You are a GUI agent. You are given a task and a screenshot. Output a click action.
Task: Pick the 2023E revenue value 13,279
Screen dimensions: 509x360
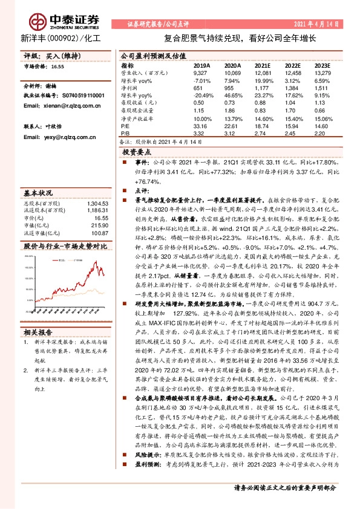coord(322,73)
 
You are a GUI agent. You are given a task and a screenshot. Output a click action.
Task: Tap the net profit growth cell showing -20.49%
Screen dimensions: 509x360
coord(203,96)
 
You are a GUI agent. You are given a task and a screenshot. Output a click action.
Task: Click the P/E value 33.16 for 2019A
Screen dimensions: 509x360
coord(201,126)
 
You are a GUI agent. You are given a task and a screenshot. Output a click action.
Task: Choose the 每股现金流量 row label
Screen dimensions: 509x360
coord(136,111)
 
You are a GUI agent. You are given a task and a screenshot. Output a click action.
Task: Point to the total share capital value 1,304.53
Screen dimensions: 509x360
coord(96,203)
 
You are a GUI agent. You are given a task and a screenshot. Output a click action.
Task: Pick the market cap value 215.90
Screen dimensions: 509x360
coord(98,225)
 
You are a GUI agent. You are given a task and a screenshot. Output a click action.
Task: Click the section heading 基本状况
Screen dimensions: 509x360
coord(37,192)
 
